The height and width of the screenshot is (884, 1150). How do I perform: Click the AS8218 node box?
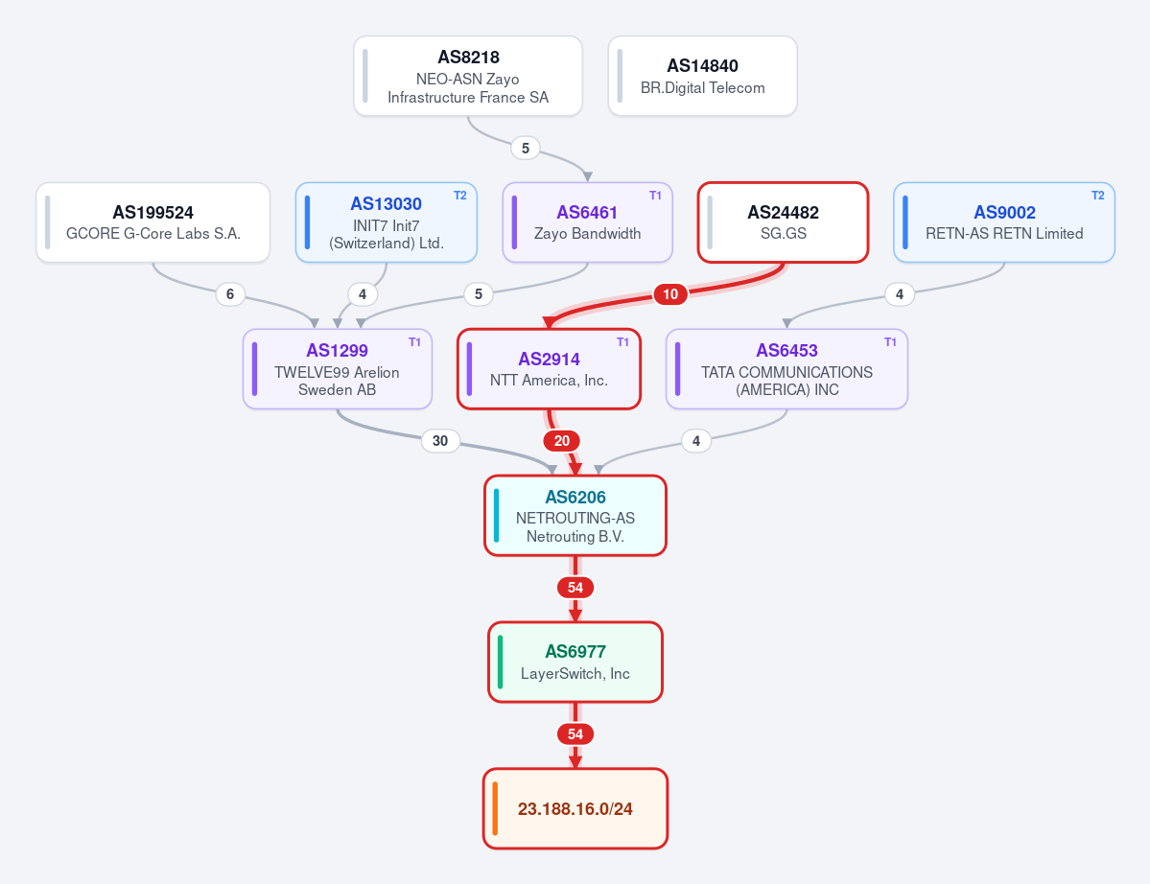468,77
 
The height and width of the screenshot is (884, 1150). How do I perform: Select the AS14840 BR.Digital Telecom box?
703,77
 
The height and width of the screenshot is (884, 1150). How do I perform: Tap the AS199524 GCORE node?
153,222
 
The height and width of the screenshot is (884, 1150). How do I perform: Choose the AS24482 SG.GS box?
784,222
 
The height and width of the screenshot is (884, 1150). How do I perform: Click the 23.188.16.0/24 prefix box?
575,808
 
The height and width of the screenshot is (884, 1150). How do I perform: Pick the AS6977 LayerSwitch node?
575,662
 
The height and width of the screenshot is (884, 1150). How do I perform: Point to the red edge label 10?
670,294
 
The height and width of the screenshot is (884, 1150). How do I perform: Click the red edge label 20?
562,440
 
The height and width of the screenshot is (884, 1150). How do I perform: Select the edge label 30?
440,440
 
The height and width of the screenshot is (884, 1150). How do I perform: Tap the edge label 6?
230,294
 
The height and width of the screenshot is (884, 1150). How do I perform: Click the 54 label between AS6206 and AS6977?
575,587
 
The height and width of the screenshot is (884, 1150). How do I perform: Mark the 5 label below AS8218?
526,148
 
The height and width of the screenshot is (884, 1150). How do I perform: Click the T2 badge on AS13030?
459,196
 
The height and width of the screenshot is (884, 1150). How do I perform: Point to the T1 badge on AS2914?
622,342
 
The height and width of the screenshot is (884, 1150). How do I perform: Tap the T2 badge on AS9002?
1098,196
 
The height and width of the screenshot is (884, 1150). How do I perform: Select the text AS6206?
575,497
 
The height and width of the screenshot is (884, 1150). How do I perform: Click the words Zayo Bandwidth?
587,233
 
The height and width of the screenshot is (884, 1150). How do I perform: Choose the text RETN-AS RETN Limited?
1004,233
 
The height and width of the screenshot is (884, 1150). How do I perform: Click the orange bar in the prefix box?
495,808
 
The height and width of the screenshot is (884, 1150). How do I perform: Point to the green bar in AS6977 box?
501,662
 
